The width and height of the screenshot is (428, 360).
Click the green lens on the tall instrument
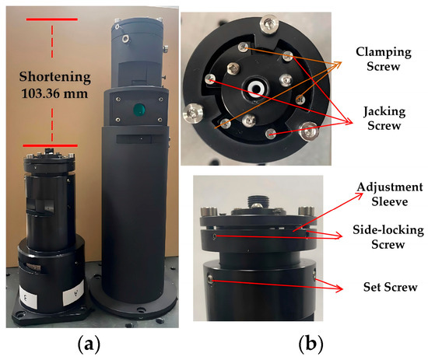[x=139, y=110]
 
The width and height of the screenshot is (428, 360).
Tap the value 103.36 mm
[x=54, y=94]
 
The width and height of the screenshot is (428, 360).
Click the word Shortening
[x=55, y=78]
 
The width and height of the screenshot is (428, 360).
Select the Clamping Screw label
[x=384, y=59]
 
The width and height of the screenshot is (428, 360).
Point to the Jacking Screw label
[x=384, y=119]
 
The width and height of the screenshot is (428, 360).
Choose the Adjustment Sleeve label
[x=390, y=194]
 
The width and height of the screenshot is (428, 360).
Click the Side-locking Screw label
[x=388, y=237]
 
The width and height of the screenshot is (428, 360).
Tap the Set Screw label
[x=391, y=287]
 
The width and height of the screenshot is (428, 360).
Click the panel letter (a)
[x=89, y=345]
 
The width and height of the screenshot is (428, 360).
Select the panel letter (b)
[x=310, y=345]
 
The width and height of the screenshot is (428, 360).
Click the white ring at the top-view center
[x=256, y=89]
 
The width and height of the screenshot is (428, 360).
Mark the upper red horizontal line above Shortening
[x=52, y=19]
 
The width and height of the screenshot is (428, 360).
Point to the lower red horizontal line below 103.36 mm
[x=51, y=145]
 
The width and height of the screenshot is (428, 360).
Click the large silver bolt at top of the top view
[x=269, y=25]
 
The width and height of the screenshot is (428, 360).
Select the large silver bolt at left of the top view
[x=194, y=114]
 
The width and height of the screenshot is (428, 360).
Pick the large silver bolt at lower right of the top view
[x=309, y=131]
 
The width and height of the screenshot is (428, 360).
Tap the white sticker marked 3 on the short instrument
[x=28, y=299]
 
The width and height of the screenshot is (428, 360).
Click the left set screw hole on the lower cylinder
[x=210, y=279]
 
